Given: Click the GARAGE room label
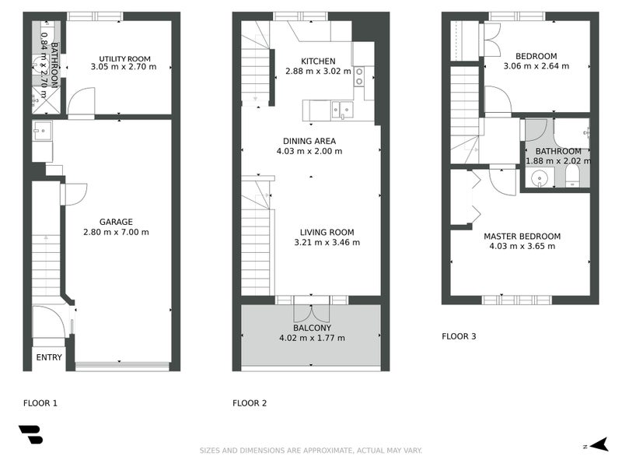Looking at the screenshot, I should [x=116, y=222].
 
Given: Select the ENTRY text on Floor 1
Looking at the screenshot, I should [x=49, y=357].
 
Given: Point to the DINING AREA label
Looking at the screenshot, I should [x=309, y=141].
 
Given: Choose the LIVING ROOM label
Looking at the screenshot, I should [x=327, y=232].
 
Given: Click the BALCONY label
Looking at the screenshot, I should [x=312, y=328].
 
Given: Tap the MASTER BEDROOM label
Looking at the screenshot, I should [x=522, y=237].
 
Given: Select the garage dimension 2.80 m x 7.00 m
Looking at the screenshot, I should [x=116, y=232].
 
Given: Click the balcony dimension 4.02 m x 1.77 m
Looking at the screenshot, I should [x=312, y=338].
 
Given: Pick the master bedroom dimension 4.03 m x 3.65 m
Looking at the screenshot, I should [x=522, y=247].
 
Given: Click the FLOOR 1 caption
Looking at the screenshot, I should [x=40, y=403].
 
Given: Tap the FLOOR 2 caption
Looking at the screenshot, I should [x=250, y=403].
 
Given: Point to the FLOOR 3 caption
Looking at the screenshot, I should [x=459, y=337].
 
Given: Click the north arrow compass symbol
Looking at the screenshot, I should [x=597, y=445].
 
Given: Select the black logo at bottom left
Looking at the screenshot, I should [x=30, y=434].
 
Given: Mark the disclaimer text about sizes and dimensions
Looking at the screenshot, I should [x=311, y=451].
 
